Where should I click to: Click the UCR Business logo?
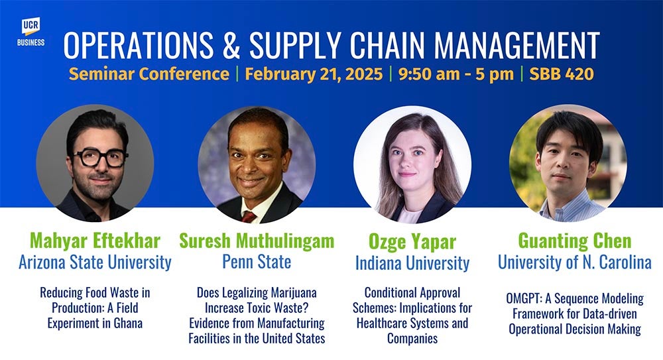pyautogui.click(x=31, y=32)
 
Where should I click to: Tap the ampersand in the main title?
pyautogui.click(x=231, y=45)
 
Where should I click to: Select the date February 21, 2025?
pyautogui.click(x=314, y=74)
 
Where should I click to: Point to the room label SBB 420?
pyautogui.click(x=562, y=74)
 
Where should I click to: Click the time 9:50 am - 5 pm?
pyautogui.click(x=456, y=74)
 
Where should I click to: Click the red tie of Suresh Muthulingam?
pyautogui.click(x=249, y=217)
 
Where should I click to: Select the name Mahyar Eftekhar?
pyautogui.click(x=95, y=241)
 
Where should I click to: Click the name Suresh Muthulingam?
pyautogui.click(x=257, y=241)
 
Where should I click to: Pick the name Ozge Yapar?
pyautogui.click(x=412, y=241)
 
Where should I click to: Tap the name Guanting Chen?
pyautogui.click(x=575, y=241)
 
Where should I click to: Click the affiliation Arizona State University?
pyautogui.click(x=95, y=263)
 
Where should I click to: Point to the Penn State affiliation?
pyautogui.click(x=257, y=261)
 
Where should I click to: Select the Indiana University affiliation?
pyautogui.click(x=412, y=263)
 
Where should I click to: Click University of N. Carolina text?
pyautogui.click(x=575, y=263)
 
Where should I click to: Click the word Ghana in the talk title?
pyautogui.click(x=128, y=323)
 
